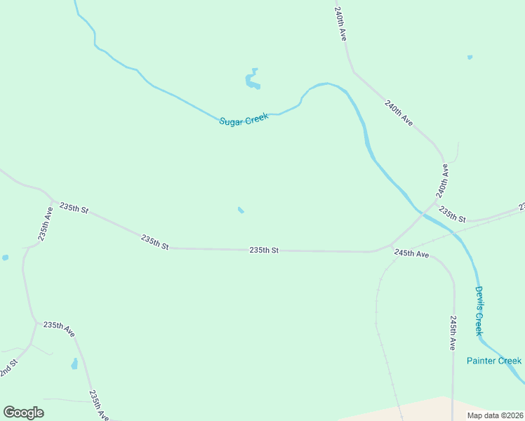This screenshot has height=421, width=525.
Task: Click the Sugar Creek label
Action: [x=244, y=120]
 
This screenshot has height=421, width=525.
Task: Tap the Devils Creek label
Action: [x=479, y=310]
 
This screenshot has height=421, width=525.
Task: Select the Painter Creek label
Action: [x=494, y=361]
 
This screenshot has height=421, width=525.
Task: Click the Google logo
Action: [x=23, y=413]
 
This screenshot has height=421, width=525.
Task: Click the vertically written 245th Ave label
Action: [x=453, y=333]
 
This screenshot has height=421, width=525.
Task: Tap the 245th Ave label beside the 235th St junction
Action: [x=411, y=253]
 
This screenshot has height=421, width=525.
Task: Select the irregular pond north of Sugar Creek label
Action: [x=252, y=79]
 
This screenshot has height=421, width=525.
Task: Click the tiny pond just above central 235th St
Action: [x=241, y=210]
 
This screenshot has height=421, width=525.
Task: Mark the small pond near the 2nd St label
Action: [x=74, y=363]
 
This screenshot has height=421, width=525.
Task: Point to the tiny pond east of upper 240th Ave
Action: [x=470, y=57]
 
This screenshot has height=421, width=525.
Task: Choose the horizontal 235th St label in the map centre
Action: [x=264, y=250]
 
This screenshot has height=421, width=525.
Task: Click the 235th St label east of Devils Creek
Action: [x=452, y=214]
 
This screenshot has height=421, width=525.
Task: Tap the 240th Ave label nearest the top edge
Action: [x=341, y=24]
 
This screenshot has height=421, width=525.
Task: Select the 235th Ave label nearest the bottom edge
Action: [x=98, y=405]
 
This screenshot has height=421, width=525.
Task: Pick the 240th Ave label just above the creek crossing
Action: [x=441, y=180]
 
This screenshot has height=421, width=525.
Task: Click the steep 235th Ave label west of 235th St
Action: [x=46, y=223]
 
